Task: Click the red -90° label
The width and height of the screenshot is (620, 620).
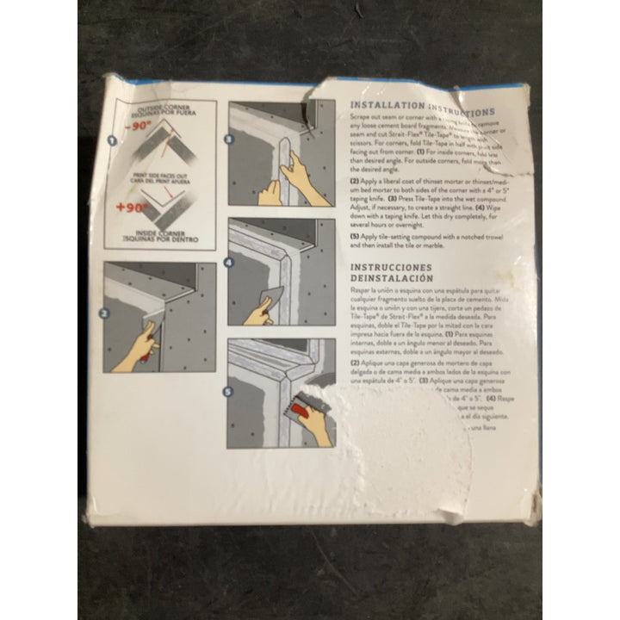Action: click(x=137, y=126)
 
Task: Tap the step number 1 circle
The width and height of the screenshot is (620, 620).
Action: click(x=111, y=140)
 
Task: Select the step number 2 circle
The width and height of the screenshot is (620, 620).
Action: click(x=104, y=313)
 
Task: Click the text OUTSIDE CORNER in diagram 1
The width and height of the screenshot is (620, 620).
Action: click(x=167, y=106)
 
